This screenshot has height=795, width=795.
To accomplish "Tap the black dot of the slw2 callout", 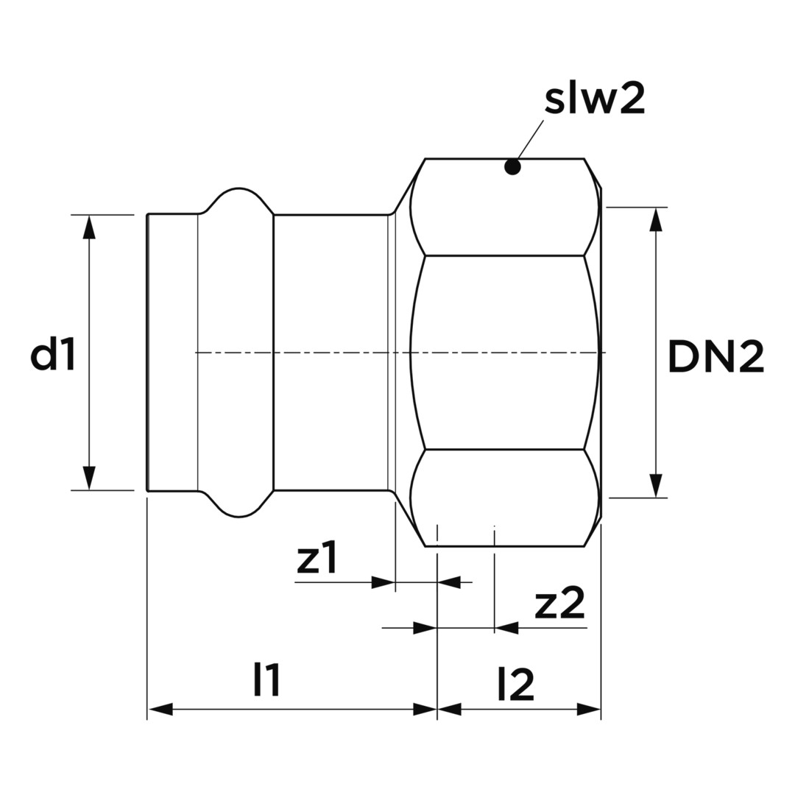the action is [512, 166].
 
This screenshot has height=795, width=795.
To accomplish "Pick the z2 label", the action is [559, 604].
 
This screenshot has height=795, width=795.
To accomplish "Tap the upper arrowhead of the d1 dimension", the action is [89, 227].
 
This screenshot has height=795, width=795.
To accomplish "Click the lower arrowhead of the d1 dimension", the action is [89, 478].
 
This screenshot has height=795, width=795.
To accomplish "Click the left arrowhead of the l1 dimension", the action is [159, 710].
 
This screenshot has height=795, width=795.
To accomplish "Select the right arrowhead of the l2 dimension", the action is [588, 710].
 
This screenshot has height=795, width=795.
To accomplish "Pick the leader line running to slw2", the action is [530, 140].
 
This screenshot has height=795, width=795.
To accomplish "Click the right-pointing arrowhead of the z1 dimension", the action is [384, 582].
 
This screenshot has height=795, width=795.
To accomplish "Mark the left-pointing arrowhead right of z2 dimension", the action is [506, 628].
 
